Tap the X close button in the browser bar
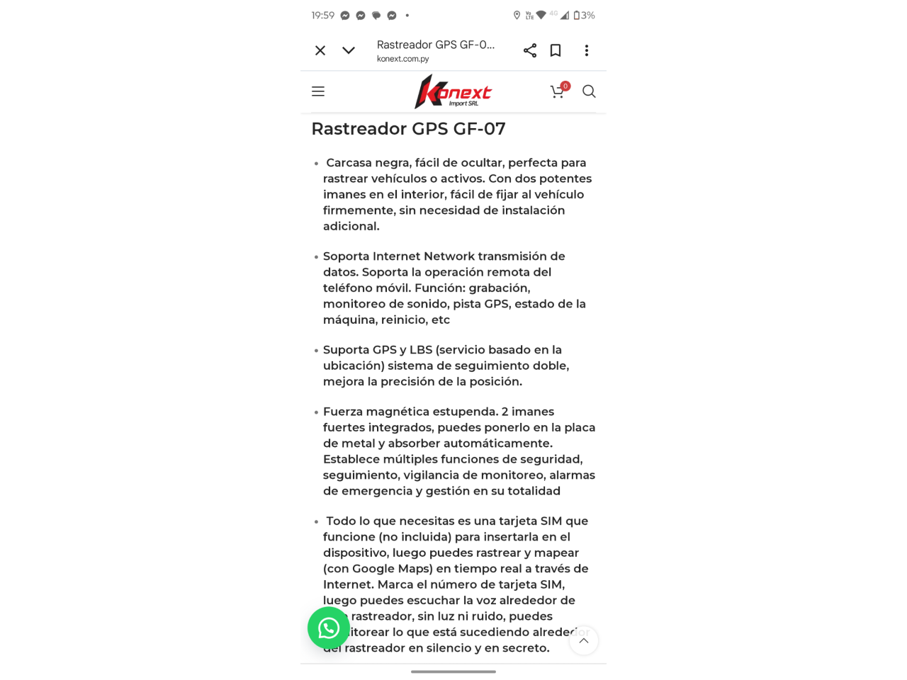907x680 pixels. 320,50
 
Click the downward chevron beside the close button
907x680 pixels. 349,50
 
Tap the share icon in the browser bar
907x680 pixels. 530,50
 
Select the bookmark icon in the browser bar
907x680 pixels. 556,50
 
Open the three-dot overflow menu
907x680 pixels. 587,50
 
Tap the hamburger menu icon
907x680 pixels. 318,91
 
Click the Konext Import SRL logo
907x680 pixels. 453,92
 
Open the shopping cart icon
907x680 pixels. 558,91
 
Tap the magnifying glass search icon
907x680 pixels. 589,91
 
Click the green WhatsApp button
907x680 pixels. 329,628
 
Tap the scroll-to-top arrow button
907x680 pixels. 584,641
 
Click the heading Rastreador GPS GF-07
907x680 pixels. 408,129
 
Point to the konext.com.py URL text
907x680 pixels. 402,59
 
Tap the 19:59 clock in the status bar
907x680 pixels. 323,15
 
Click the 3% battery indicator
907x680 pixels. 585,15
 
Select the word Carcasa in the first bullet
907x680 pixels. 349,163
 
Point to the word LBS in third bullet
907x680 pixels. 421,350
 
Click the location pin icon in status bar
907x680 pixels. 517,15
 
